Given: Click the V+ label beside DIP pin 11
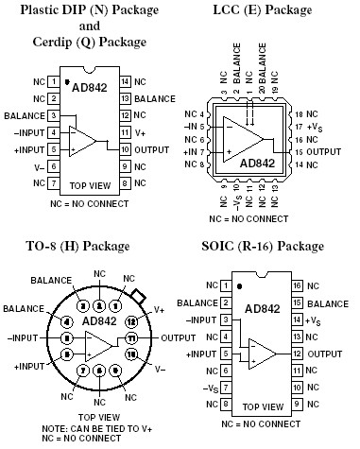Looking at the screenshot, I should [x=139, y=132].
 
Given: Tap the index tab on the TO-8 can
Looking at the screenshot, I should [x=139, y=296].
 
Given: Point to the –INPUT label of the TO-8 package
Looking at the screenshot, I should [x=24, y=337].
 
